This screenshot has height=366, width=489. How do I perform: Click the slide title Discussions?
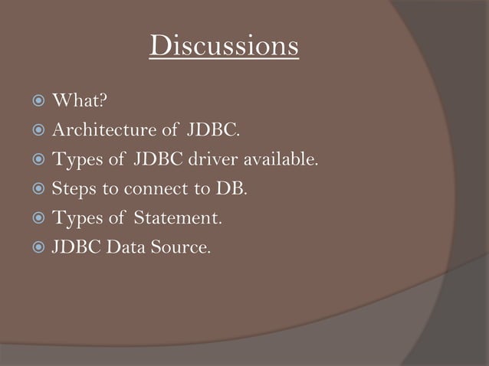224,46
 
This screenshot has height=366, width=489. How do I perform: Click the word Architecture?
97,131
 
